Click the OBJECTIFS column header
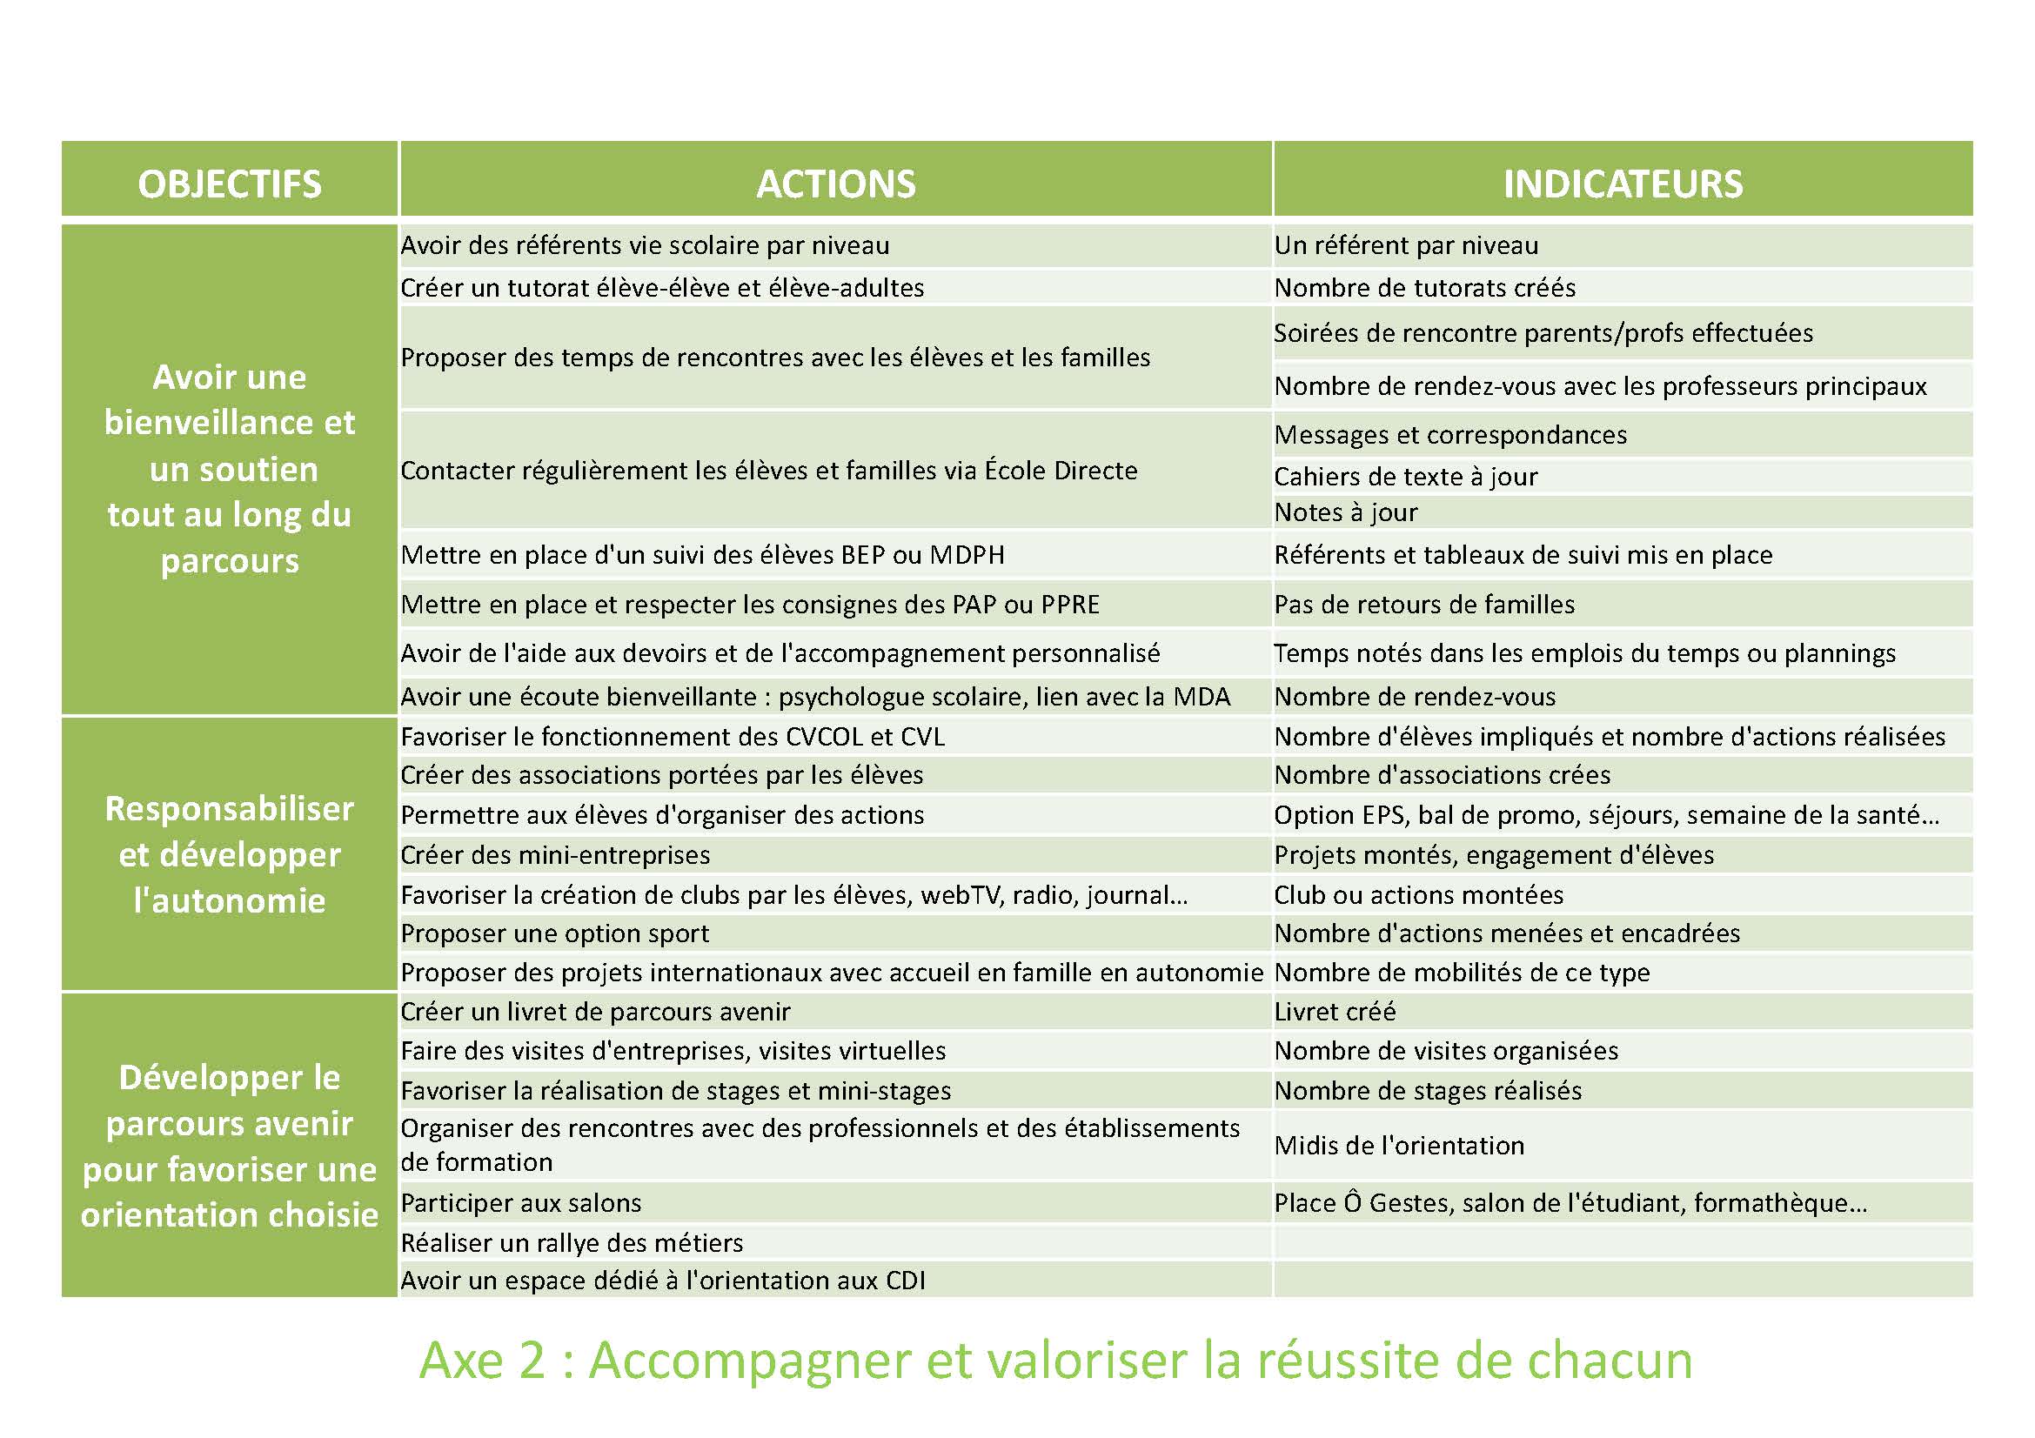click(230, 184)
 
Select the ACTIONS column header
click(835, 184)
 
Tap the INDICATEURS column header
click(1622, 184)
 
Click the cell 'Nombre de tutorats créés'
click(1424, 288)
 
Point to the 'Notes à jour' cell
click(1345, 512)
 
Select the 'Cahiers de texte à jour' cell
click(1406, 477)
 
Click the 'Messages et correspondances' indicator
click(1450, 435)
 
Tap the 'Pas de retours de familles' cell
click(1424, 605)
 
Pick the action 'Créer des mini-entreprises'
click(555, 855)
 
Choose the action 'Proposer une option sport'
click(555, 933)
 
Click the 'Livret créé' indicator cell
click(1335, 1012)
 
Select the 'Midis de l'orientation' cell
click(1399, 1146)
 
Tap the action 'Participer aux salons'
click(521, 1203)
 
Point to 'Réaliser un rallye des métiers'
click(572, 1243)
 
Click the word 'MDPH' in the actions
click(967, 556)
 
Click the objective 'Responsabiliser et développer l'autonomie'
click(230, 855)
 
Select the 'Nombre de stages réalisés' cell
click(1427, 1091)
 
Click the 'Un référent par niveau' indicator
click(1406, 245)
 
